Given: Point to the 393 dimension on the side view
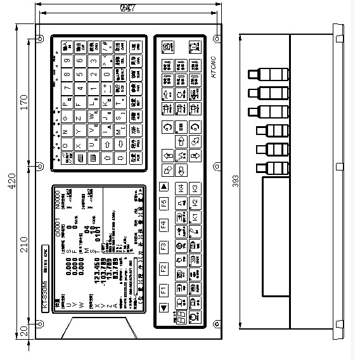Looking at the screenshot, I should pos(236,183).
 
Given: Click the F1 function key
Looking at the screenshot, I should pos(163,291).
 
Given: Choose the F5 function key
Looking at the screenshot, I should pos(163,204).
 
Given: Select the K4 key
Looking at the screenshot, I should pos(180,188).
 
